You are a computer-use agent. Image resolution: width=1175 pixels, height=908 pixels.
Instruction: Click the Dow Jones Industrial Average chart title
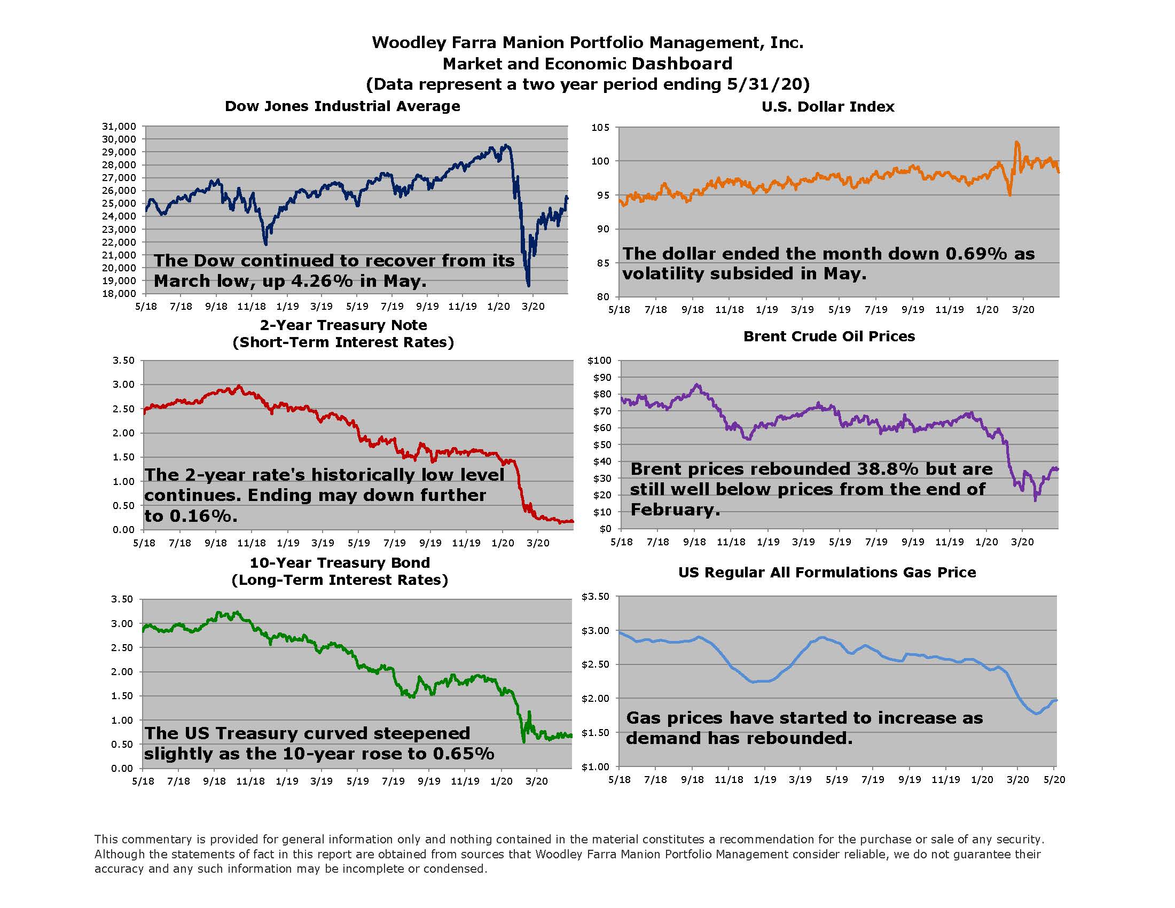pos(342,106)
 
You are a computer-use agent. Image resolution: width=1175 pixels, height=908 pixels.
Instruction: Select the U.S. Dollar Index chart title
pos(827,106)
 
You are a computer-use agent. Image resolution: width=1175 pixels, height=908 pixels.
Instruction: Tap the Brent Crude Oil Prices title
pos(828,336)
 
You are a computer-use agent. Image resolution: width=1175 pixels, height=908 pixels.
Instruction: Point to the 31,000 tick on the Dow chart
pos(119,127)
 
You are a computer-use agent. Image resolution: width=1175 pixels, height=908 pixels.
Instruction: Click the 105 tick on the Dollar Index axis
pos(601,128)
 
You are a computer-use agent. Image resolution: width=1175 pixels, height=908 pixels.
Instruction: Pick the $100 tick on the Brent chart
pos(599,361)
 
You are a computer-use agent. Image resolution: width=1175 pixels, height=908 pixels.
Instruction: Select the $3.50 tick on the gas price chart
pos(596,597)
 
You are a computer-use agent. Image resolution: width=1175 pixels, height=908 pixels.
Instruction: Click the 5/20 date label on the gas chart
pos(1054,779)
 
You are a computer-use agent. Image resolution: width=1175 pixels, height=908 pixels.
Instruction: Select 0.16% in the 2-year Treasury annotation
pos(203,516)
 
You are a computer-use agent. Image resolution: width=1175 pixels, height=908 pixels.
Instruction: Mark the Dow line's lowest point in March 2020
pos(528,286)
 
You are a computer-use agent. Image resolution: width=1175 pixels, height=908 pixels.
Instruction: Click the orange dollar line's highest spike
pos(1016,143)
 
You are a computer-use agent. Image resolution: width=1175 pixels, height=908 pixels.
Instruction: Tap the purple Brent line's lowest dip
pos(1036,500)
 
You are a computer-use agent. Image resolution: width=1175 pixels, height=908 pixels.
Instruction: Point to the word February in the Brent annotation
pos(675,510)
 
